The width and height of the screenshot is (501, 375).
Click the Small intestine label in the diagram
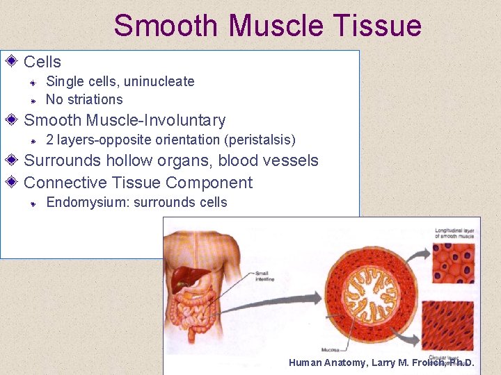tap(265, 276)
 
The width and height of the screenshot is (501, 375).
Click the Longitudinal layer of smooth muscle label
tap(454, 233)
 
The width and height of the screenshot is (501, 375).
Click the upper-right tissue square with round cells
tap(453, 265)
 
